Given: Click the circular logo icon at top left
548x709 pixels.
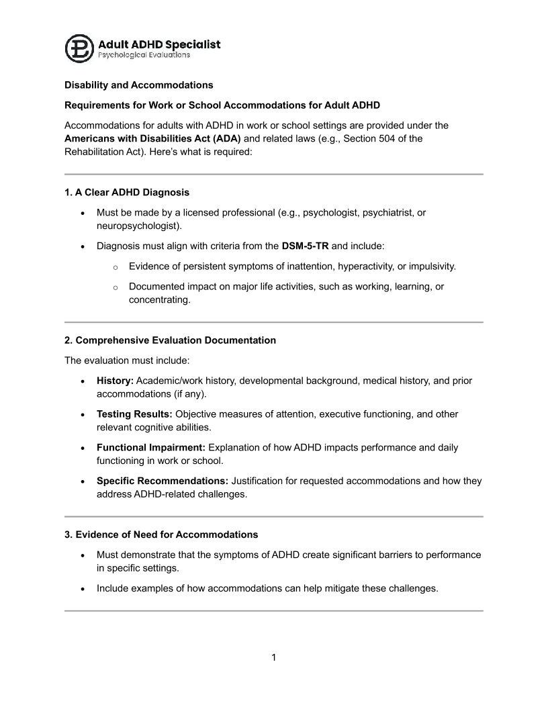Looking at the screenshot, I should (x=80, y=48).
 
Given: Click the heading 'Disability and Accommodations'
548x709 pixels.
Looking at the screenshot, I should (x=138, y=85).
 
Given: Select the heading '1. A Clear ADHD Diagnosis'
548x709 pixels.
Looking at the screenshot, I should (x=127, y=192).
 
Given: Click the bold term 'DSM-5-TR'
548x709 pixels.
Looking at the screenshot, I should (x=305, y=246).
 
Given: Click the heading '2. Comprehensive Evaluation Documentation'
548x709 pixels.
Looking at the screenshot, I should (x=170, y=340).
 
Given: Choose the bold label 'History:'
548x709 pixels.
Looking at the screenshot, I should (x=115, y=381).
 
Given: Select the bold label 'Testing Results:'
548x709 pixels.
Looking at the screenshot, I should (x=133, y=414).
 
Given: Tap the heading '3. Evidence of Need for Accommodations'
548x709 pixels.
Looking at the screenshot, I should (x=161, y=535).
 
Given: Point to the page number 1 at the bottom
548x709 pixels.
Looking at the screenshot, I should (x=274, y=657).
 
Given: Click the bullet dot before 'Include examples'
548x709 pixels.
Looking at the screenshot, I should (x=82, y=589).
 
